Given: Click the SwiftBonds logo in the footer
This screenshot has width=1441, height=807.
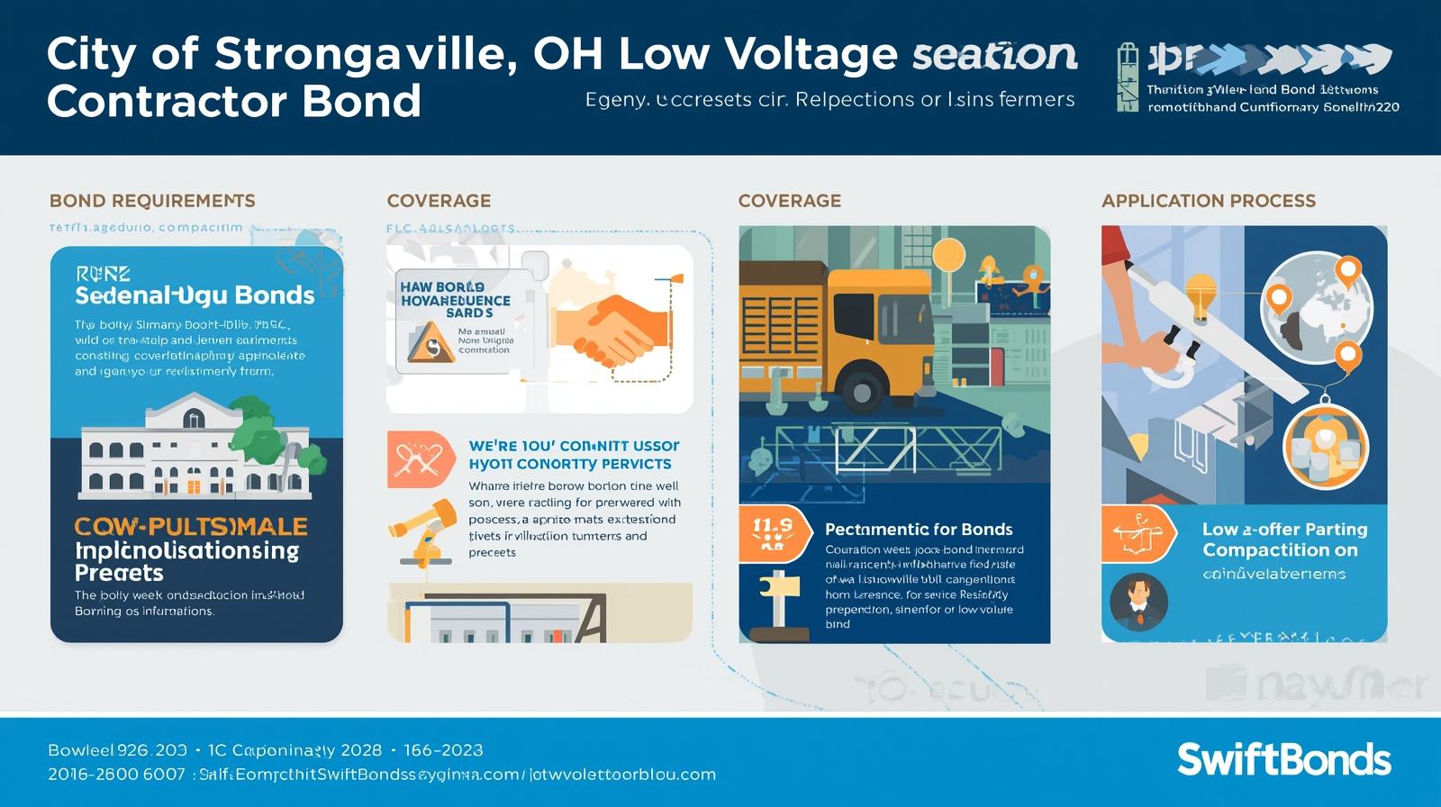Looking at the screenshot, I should (x=1283, y=759).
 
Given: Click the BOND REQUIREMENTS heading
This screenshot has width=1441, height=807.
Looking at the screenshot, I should (x=152, y=201).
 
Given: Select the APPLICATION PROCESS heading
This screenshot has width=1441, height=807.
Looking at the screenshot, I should (x=1208, y=201).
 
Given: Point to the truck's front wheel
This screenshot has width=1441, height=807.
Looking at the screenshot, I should (x=861, y=392).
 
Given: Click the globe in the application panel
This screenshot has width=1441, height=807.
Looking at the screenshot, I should (x=1316, y=306).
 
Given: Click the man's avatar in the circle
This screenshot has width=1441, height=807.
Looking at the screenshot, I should (x=1138, y=602).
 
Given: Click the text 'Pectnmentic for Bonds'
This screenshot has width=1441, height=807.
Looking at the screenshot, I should (x=919, y=530).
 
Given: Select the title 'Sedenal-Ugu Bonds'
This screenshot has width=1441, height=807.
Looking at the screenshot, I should (x=195, y=295).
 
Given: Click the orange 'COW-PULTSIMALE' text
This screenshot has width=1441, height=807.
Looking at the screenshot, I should (x=191, y=527).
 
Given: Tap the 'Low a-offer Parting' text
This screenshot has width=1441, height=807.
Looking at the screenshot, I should (x=1284, y=530).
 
